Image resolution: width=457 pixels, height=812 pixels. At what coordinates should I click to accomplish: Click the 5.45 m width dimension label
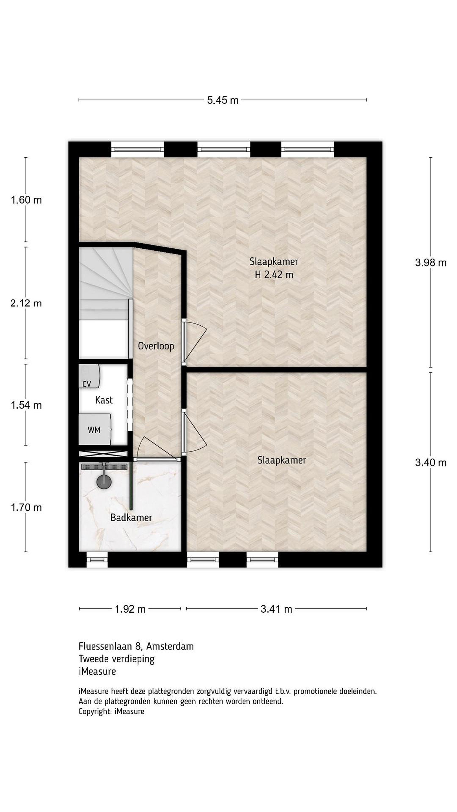223,100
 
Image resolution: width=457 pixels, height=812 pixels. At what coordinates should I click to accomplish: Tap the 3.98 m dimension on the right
430,262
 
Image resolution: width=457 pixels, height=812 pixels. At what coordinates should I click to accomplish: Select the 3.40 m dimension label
430,462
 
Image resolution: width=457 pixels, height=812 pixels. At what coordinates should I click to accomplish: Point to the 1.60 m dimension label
26,200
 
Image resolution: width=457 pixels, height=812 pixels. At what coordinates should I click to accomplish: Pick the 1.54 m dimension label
26,405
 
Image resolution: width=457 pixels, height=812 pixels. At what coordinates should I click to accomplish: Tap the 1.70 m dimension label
26,507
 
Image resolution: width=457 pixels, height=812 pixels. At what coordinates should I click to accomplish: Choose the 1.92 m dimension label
130,609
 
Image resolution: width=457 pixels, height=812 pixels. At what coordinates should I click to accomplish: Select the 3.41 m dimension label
276,609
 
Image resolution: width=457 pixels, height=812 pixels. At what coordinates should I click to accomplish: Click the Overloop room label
156,346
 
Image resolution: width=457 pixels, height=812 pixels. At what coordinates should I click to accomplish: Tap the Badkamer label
131,517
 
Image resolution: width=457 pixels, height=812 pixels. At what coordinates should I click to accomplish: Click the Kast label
104,400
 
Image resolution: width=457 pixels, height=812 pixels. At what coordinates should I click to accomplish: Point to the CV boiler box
89,376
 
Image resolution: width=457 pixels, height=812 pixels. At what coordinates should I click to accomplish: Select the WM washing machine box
95,429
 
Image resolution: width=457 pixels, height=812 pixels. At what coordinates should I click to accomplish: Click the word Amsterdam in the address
170,646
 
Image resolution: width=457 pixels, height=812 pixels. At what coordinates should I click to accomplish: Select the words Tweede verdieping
117,659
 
